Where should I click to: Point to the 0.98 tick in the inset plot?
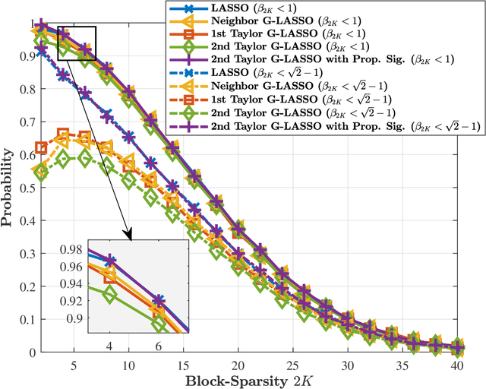[74, 250]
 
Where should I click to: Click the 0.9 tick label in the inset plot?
[77, 318]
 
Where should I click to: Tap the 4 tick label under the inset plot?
[110, 346]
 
